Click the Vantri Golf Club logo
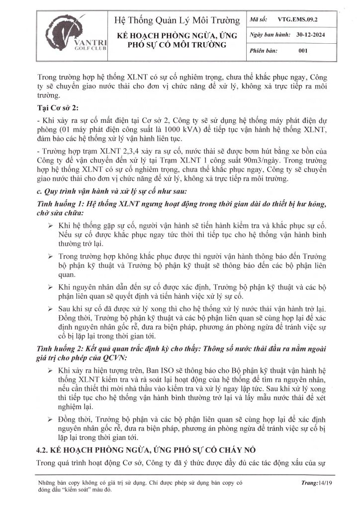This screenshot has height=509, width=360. point(65,36)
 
